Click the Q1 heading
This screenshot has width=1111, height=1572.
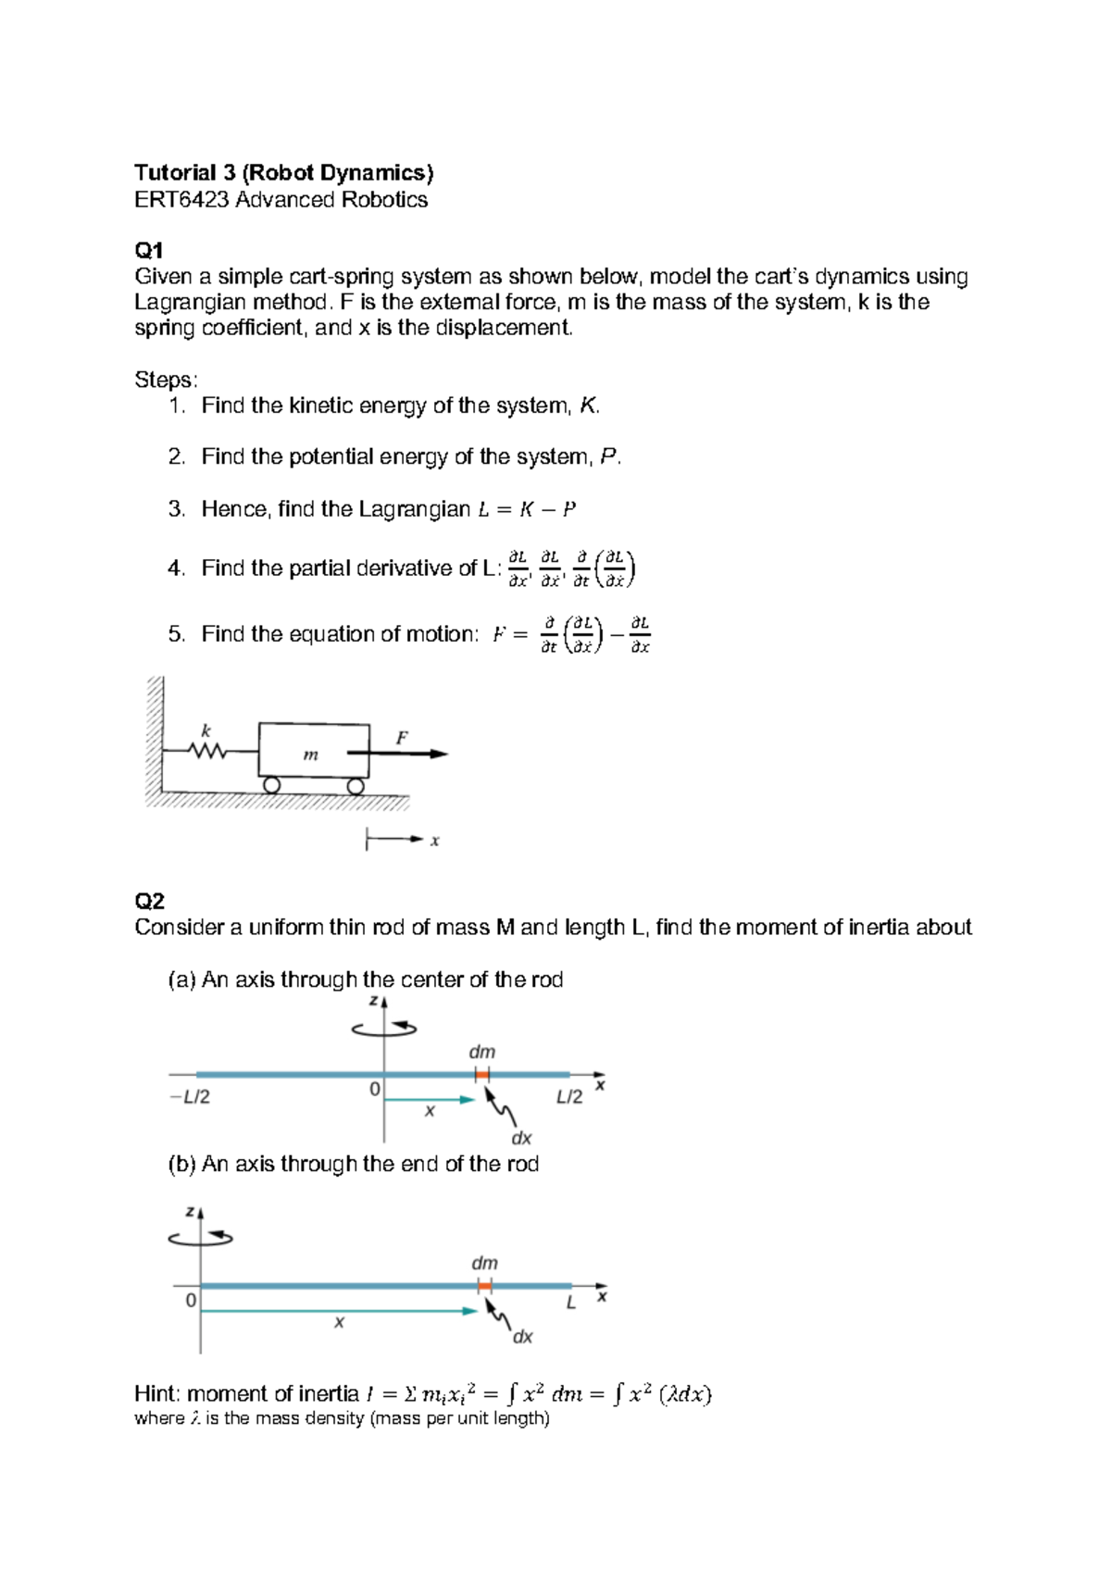[x=148, y=250]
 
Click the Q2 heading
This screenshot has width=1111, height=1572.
[x=149, y=901]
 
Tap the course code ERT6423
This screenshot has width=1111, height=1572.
[x=181, y=200]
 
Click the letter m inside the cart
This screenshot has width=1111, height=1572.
[x=311, y=755]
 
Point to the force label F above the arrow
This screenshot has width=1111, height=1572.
[x=402, y=738]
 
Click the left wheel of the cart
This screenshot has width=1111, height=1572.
[x=271, y=785]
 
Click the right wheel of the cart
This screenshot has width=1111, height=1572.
[x=356, y=786]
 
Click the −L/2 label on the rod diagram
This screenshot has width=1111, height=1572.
[x=190, y=1097]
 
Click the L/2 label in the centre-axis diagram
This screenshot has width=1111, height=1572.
[x=569, y=1097]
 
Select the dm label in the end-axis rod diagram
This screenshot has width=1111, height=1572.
[x=484, y=1263]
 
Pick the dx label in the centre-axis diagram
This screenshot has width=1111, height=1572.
[x=521, y=1138]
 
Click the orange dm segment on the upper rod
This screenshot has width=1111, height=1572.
[x=481, y=1074]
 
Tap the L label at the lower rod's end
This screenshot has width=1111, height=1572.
[x=571, y=1303]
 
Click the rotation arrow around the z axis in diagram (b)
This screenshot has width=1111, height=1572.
[x=201, y=1238]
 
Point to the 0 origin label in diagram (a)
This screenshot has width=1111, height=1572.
[x=374, y=1089]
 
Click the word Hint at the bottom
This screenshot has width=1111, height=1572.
[x=157, y=1393]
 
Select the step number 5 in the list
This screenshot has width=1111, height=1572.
[x=175, y=634]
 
